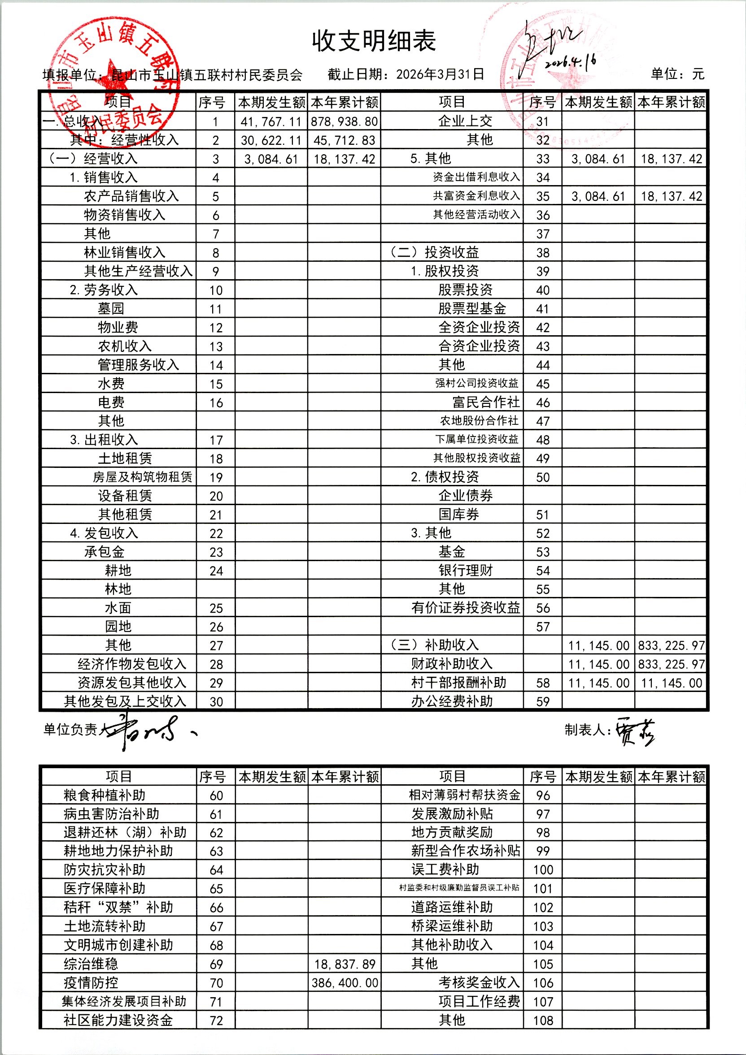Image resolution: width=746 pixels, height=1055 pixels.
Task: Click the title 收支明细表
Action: (x=374, y=41)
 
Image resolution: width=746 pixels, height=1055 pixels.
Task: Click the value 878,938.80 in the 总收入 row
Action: (x=345, y=122)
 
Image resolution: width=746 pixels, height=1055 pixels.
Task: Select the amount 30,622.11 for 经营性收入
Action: (x=271, y=141)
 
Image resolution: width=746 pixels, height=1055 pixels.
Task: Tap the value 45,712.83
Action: (x=345, y=141)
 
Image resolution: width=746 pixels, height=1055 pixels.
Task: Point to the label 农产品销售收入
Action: (x=131, y=197)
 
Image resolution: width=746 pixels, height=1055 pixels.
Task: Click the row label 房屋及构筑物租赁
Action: (x=143, y=477)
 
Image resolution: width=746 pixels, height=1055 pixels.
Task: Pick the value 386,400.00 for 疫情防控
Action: (x=345, y=983)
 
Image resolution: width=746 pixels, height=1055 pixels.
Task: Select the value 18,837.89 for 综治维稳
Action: (x=345, y=964)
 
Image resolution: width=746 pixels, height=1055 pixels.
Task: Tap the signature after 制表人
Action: (x=635, y=730)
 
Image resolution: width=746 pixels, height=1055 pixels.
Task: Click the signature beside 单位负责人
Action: (x=147, y=731)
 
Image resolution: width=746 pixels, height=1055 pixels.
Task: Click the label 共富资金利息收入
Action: (x=476, y=196)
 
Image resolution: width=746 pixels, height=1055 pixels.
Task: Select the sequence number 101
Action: (x=543, y=889)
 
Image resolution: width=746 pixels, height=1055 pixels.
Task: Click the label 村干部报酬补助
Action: (x=458, y=683)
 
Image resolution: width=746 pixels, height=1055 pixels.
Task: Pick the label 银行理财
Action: (x=466, y=571)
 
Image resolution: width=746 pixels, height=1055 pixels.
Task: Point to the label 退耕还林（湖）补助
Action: (x=125, y=833)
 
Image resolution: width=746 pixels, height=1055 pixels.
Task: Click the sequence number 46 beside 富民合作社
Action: (x=543, y=403)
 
